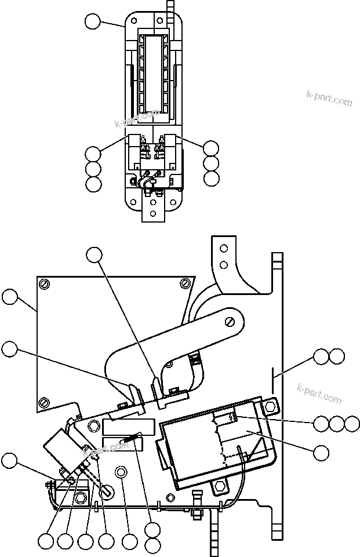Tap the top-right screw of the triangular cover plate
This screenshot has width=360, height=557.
(184, 283)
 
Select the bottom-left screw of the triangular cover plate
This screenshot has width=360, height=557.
(45, 402)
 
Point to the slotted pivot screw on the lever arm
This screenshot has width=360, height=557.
(231, 321)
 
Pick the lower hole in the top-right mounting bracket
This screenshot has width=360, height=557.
(223, 265)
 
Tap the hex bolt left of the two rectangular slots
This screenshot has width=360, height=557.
(93, 427)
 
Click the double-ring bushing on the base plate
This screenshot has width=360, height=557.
(121, 472)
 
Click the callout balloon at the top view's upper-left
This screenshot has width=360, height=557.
(92, 22)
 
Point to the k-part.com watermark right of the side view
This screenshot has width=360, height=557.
(319, 394)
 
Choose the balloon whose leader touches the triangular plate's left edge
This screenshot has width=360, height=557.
(9, 297)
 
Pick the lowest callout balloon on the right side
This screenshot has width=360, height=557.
(321, 450)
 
